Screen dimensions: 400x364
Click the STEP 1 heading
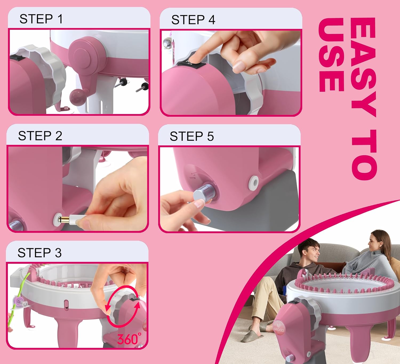coord(41,19)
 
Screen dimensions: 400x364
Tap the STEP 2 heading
coord(40,136)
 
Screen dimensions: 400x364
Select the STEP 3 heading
coord(39,253)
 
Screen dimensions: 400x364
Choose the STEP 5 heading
coord(192,137)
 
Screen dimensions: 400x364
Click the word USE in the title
coord(331,55)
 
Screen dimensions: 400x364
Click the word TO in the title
coord(364,155)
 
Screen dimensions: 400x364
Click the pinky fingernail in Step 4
coord(238,66)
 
